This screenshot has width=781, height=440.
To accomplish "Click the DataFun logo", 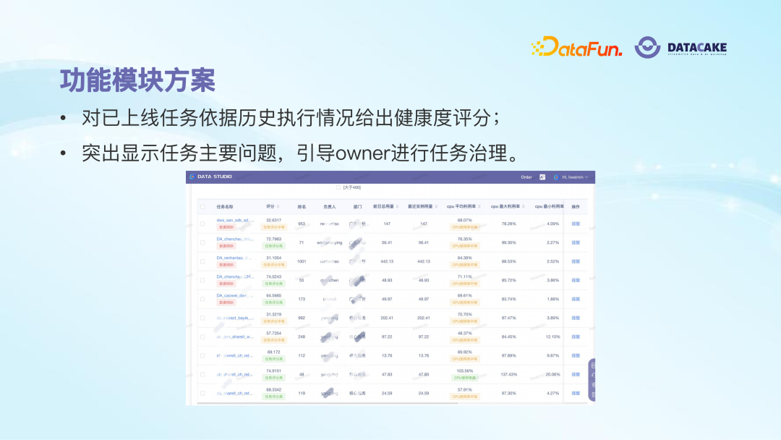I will [576, 48].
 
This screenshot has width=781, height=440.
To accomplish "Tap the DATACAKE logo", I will [680, 48].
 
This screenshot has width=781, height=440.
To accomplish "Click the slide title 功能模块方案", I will [137, 81].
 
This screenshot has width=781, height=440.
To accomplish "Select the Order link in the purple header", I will [526, 177].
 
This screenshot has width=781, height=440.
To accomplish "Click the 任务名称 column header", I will [225, 206].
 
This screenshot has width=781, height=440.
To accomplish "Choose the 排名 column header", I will [302, 206].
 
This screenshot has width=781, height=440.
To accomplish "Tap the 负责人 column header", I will [330, 206].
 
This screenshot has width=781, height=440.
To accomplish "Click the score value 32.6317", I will [273, 220].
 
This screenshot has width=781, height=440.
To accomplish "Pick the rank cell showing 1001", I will [302, 261].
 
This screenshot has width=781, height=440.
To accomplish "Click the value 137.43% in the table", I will [509, 374].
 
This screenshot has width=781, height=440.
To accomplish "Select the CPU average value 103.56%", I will [465, 371].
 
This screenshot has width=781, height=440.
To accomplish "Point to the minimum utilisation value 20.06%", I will [552, 374].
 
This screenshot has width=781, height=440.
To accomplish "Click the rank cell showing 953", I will [302, 224].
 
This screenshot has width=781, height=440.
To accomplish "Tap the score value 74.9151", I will [273, 371].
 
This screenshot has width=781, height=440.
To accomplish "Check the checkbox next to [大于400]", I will [338, 187].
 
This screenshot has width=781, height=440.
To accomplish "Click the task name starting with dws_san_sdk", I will [236, 220].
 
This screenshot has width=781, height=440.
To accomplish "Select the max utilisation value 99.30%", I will [509, 242].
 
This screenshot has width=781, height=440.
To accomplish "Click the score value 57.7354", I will [273, 333].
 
